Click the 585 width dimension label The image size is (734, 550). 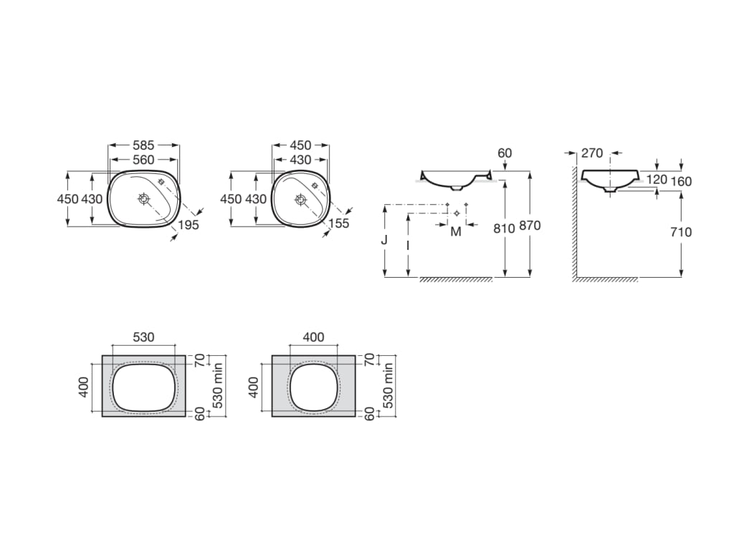143,145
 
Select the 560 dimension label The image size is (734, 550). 143,160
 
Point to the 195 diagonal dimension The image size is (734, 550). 189,225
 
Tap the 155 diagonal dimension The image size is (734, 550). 339,223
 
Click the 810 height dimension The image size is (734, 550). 504,228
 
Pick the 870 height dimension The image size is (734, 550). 530,226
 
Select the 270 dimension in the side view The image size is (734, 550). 592,153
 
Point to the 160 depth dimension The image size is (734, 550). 681,181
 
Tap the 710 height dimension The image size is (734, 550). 681,232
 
